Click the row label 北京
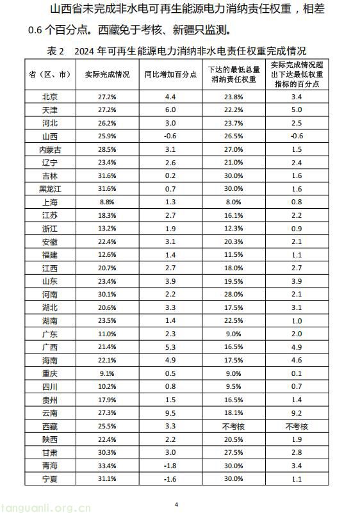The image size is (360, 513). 49,97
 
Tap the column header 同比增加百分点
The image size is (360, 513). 170,74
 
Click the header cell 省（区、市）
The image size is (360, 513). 49,74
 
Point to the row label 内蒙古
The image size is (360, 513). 49,149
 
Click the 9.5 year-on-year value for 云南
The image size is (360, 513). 170,412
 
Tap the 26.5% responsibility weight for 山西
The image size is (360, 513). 234,136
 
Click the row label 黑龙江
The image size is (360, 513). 49,189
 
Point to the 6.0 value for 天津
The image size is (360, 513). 170,110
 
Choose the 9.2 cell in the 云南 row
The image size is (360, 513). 297,412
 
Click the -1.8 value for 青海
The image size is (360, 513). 170,465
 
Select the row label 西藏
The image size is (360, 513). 49,425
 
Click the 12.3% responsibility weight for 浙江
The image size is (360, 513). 234,228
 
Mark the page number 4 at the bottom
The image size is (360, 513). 176,504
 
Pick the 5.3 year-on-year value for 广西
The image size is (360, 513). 170,346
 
